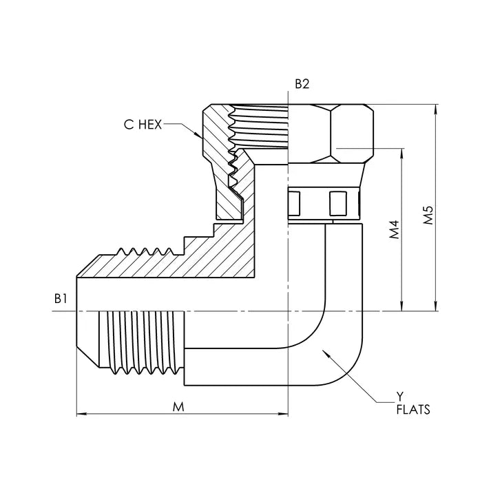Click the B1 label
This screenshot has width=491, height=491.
pyautogui.click(x=60, y=298)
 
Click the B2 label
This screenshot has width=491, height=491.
pyautogui.click(x=302, y=85)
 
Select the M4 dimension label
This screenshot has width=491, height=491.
pyautogui.click(x=394, y=230)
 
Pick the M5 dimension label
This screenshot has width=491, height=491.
pyautogui.click(x=428, y=215)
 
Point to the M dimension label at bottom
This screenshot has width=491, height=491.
pyautogui.click(x=178, y=406)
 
